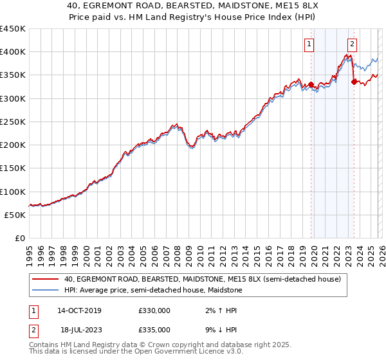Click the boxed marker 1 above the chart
click(x=310, y=44)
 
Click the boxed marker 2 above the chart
click(x=353, y=44)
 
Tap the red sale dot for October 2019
click(x=311, y=84)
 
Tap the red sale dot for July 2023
click(x=354, y=82)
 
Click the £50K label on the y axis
click(x=15, y=215)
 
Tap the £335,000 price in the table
click(x=154, y=329)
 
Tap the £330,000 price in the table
click(x=154, y=310)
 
